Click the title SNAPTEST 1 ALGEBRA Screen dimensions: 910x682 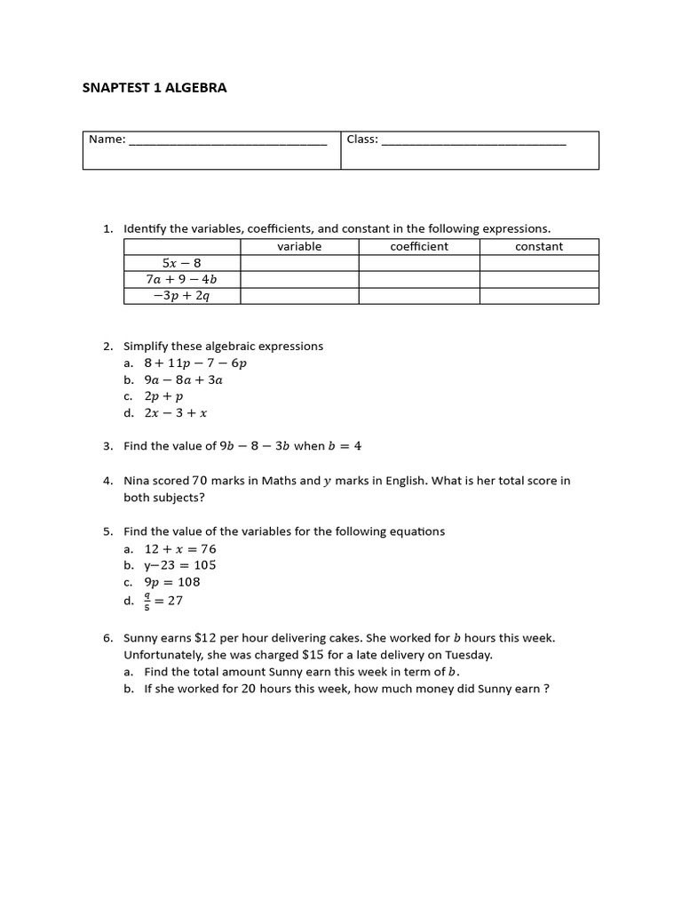[x=155, y=88]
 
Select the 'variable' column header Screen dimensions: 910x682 [x=299, y=246]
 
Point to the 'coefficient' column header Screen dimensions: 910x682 [x=419, y=246]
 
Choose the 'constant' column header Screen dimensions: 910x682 [x=539, y=246]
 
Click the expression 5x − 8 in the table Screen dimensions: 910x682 [x=182, y=263]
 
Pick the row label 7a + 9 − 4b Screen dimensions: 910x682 [x=182, y=279]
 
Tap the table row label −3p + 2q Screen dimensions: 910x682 [x=182, y=296]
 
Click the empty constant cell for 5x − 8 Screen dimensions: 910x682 [x=539, y=263]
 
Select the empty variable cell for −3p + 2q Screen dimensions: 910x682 [x=299, y=296]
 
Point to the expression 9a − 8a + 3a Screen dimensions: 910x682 [x=183, y=379]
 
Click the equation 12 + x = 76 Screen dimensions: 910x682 [x=180, y=549]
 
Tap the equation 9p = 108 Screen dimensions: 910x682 [x=172, y=582]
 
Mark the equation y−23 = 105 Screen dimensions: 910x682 [x=180, y=565]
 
